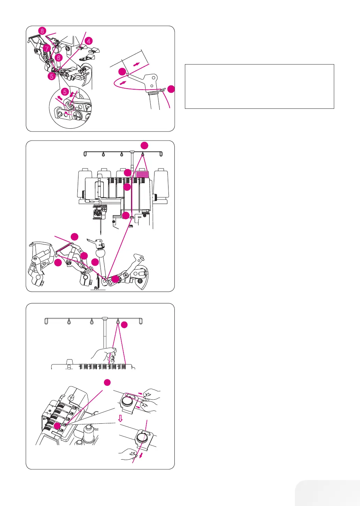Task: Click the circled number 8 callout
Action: (x=42, y=31)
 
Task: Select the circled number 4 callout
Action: (x=89, y=41)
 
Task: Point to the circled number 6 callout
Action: (x=59, y=58)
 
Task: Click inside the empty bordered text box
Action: (x=259, y=86)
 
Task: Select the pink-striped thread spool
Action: (x=142, y=173)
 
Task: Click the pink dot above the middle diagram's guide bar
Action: (x=144, y=145)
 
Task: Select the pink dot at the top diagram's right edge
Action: (x=171, y=89)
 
